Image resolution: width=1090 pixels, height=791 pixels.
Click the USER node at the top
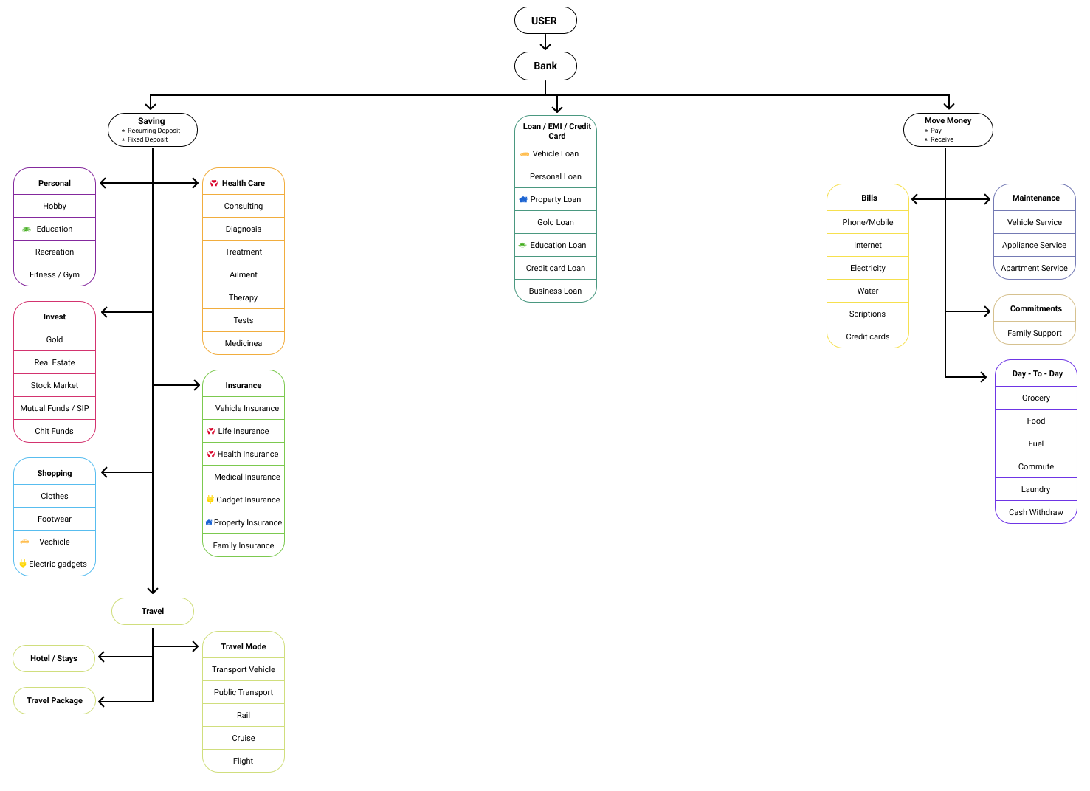[545, 21]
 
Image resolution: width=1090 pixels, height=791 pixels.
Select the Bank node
[545, 66]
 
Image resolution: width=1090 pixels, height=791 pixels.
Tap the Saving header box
[152, 130]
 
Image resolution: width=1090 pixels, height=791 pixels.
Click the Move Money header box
[948, 130]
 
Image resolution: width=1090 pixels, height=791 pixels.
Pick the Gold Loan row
[555, 222]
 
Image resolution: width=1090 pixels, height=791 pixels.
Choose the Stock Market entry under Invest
[55, 385]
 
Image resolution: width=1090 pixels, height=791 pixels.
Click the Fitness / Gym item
[55, 274]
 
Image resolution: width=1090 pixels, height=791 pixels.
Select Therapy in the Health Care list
[243, 297]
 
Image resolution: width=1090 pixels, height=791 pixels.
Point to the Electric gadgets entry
[57, 564]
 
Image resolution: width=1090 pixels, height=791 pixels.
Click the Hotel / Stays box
[54, 658]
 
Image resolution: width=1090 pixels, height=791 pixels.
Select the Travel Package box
[55, 700]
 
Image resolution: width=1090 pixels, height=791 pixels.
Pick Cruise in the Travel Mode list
[243, 738]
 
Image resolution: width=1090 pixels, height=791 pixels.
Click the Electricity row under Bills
[867, 268]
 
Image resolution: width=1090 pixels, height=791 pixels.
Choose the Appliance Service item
[1034, 245]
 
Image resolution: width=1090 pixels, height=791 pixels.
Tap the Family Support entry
[1034, 333]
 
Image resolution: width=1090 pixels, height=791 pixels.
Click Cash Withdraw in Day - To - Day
[1035, 512]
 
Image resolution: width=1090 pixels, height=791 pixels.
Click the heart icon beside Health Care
[214, 183]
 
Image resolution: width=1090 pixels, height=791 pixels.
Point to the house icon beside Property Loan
[523, 199]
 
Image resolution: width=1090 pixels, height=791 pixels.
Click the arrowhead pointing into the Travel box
[153, 590]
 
